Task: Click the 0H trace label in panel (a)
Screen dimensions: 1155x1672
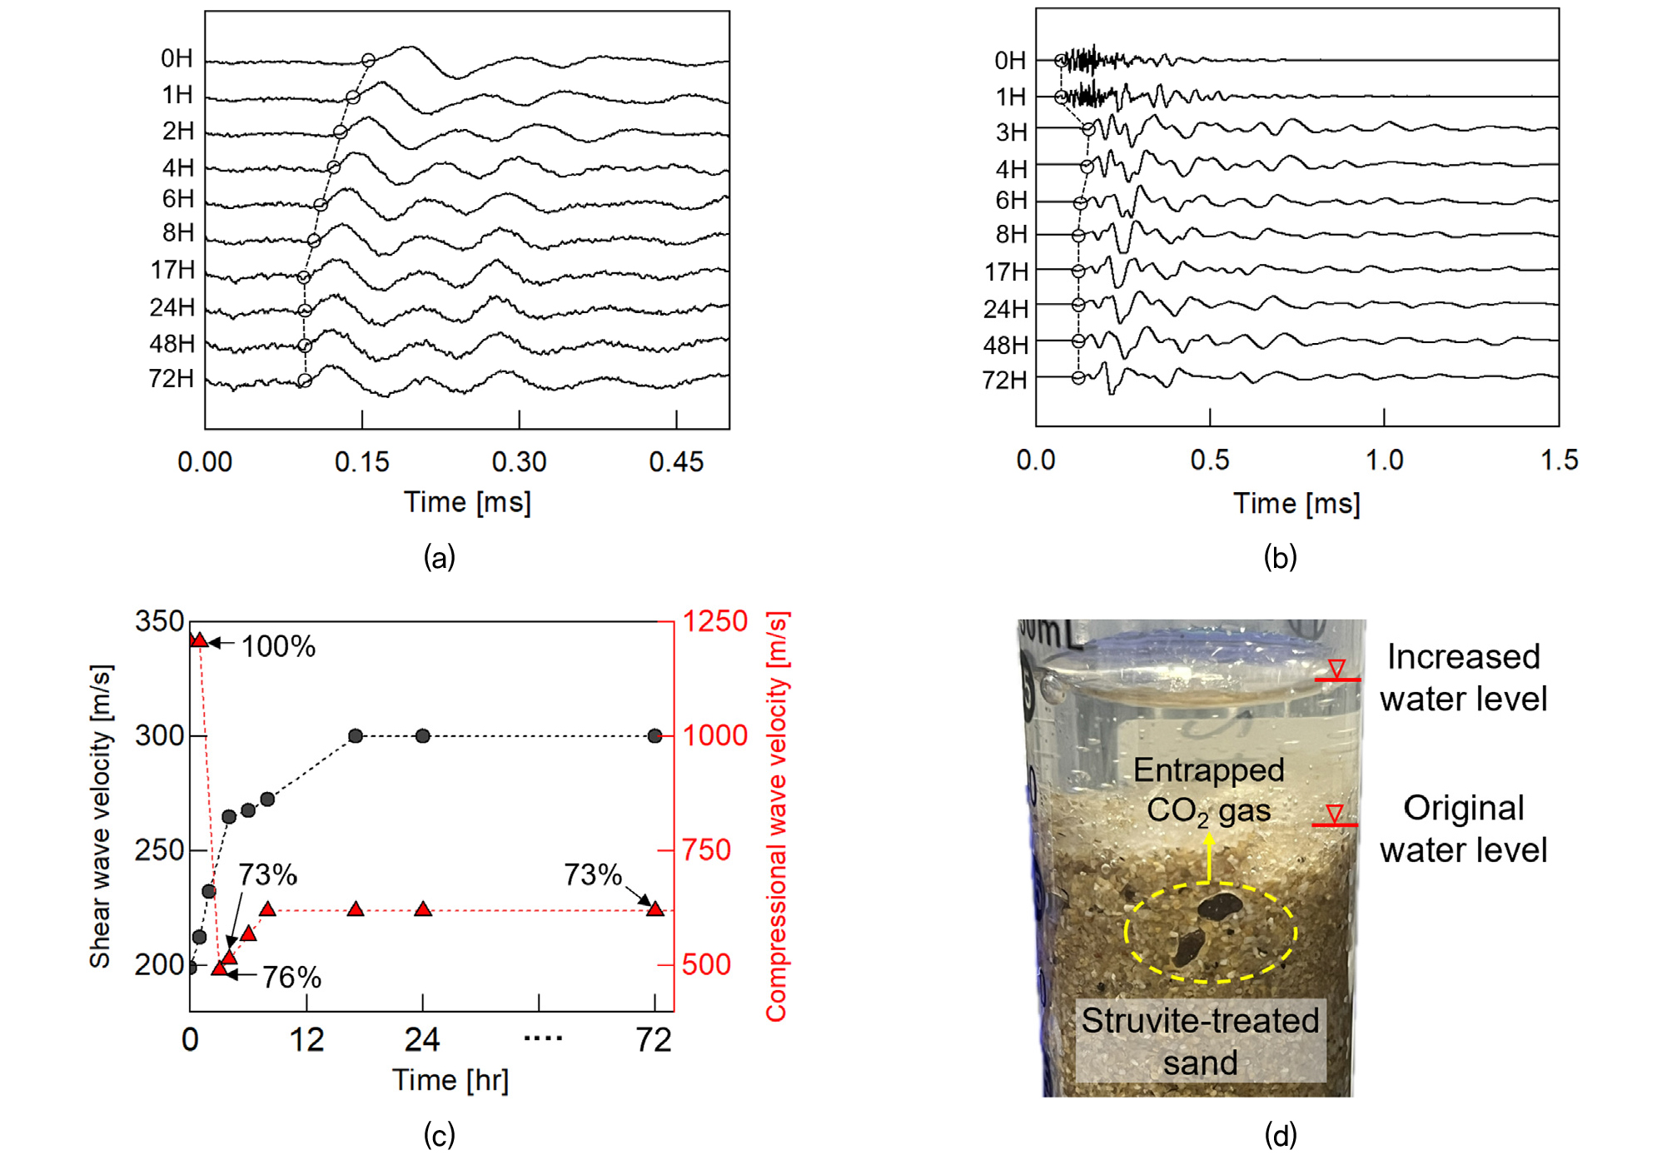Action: pyautogui.click(x=177, y=58)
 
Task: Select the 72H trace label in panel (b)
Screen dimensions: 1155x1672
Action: pyautogui.click(x=1005, y=380)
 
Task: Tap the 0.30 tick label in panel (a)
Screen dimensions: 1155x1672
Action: pyautogui.click(x=519, y=462)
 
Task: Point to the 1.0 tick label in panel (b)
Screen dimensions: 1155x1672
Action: pyautogui.click(x=1384, y=461)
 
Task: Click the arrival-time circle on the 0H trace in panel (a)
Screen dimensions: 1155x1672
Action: pyautogui.click(x=368, y=60)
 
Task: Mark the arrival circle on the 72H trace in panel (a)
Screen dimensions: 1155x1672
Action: pyautogui.click(x=305, y=381)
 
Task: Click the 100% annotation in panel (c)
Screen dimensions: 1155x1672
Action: pyautogui.click(x=278, y=647)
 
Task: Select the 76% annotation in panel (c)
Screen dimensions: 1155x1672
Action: pyautogui.click(x=291, y=978)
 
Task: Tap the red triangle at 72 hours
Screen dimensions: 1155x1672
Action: pyautogui.click(x=655, y=909)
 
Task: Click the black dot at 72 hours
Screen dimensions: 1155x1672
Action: pyautogui.click(x=655, y=736)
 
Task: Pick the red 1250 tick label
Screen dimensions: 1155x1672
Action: pyautogui.click(x=714, y=621)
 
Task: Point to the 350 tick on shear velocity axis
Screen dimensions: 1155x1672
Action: pyautogui.click(x=159, y=621)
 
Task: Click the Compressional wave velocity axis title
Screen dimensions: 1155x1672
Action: pyautogui.click(x=776, y=816)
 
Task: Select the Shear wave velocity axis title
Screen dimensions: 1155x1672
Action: pyautogui.click(x=100, y=816)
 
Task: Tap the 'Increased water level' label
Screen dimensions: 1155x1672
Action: pyautogui.click(x=1463, y=678)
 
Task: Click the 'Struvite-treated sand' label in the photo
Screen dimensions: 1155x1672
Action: pyautogui.click(x=1200, y=1041)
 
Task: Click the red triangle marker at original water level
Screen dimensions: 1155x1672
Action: pyautogui.click(x=1334, y=814)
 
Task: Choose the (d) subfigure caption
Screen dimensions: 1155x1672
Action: pyautogui.click(x=1280, y=1135)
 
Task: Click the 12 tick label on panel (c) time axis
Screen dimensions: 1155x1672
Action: pyautogui.click(x=306, y=1041)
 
